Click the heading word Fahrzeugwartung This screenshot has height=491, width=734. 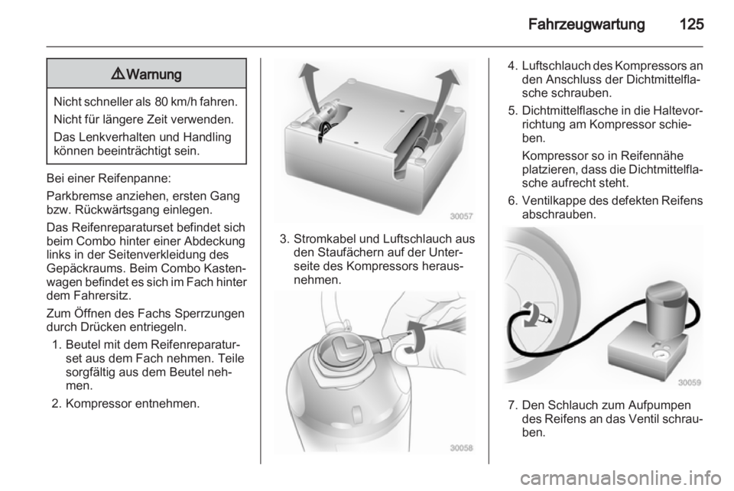[586, 24]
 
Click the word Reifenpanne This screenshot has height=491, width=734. [137, 179]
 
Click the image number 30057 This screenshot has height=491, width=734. [462, 216]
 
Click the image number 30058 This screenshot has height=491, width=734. [462, 448]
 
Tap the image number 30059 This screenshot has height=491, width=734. [690, 382]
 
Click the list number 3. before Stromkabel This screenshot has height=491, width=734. [284, 239]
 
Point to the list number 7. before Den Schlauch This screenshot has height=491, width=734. [513, 405]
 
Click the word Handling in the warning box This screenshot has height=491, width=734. [208, 137]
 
